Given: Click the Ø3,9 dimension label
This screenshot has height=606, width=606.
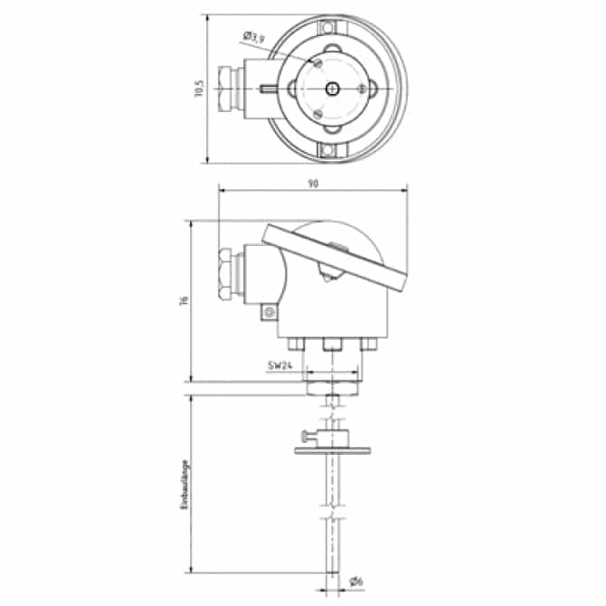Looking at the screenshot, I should [x=253, y=37].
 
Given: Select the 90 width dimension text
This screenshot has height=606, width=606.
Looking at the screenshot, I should [x=313, y=183].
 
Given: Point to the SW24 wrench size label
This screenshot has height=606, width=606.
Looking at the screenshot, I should [x=279, y=366].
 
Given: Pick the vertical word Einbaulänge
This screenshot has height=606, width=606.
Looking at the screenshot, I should [x=184, y=485].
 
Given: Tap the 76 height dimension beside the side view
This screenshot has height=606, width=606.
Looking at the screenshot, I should [x=183, y=300].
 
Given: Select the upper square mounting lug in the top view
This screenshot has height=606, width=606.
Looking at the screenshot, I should [x=333, y=34].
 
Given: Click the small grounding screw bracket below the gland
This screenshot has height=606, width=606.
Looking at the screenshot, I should [x=268, y=313].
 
